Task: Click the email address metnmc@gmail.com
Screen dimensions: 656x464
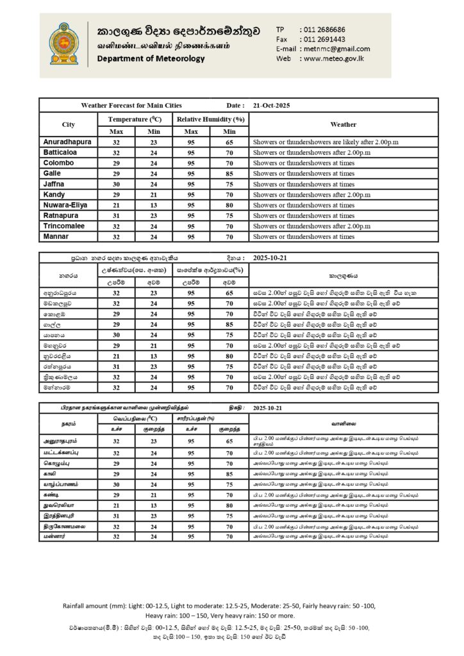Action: tap(335, 49)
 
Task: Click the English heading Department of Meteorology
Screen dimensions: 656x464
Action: tap(151, 59)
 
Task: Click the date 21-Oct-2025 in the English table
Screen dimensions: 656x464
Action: tap(272, 105)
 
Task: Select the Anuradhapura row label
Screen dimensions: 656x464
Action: tap(67, 142)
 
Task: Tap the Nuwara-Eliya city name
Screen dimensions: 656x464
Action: tap(65, 205)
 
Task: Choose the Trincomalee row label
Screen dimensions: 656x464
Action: tap(64, 226)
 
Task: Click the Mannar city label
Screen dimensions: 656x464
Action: tap(55, 236)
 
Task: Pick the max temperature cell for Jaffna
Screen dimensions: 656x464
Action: tap(117, 184)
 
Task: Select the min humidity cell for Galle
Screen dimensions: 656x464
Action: tap(229, 174)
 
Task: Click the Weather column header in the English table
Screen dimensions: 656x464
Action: tap(343, 124)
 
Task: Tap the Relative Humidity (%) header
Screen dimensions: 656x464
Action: tap(211, 119)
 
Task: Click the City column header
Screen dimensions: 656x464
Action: tap(68, 124)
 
